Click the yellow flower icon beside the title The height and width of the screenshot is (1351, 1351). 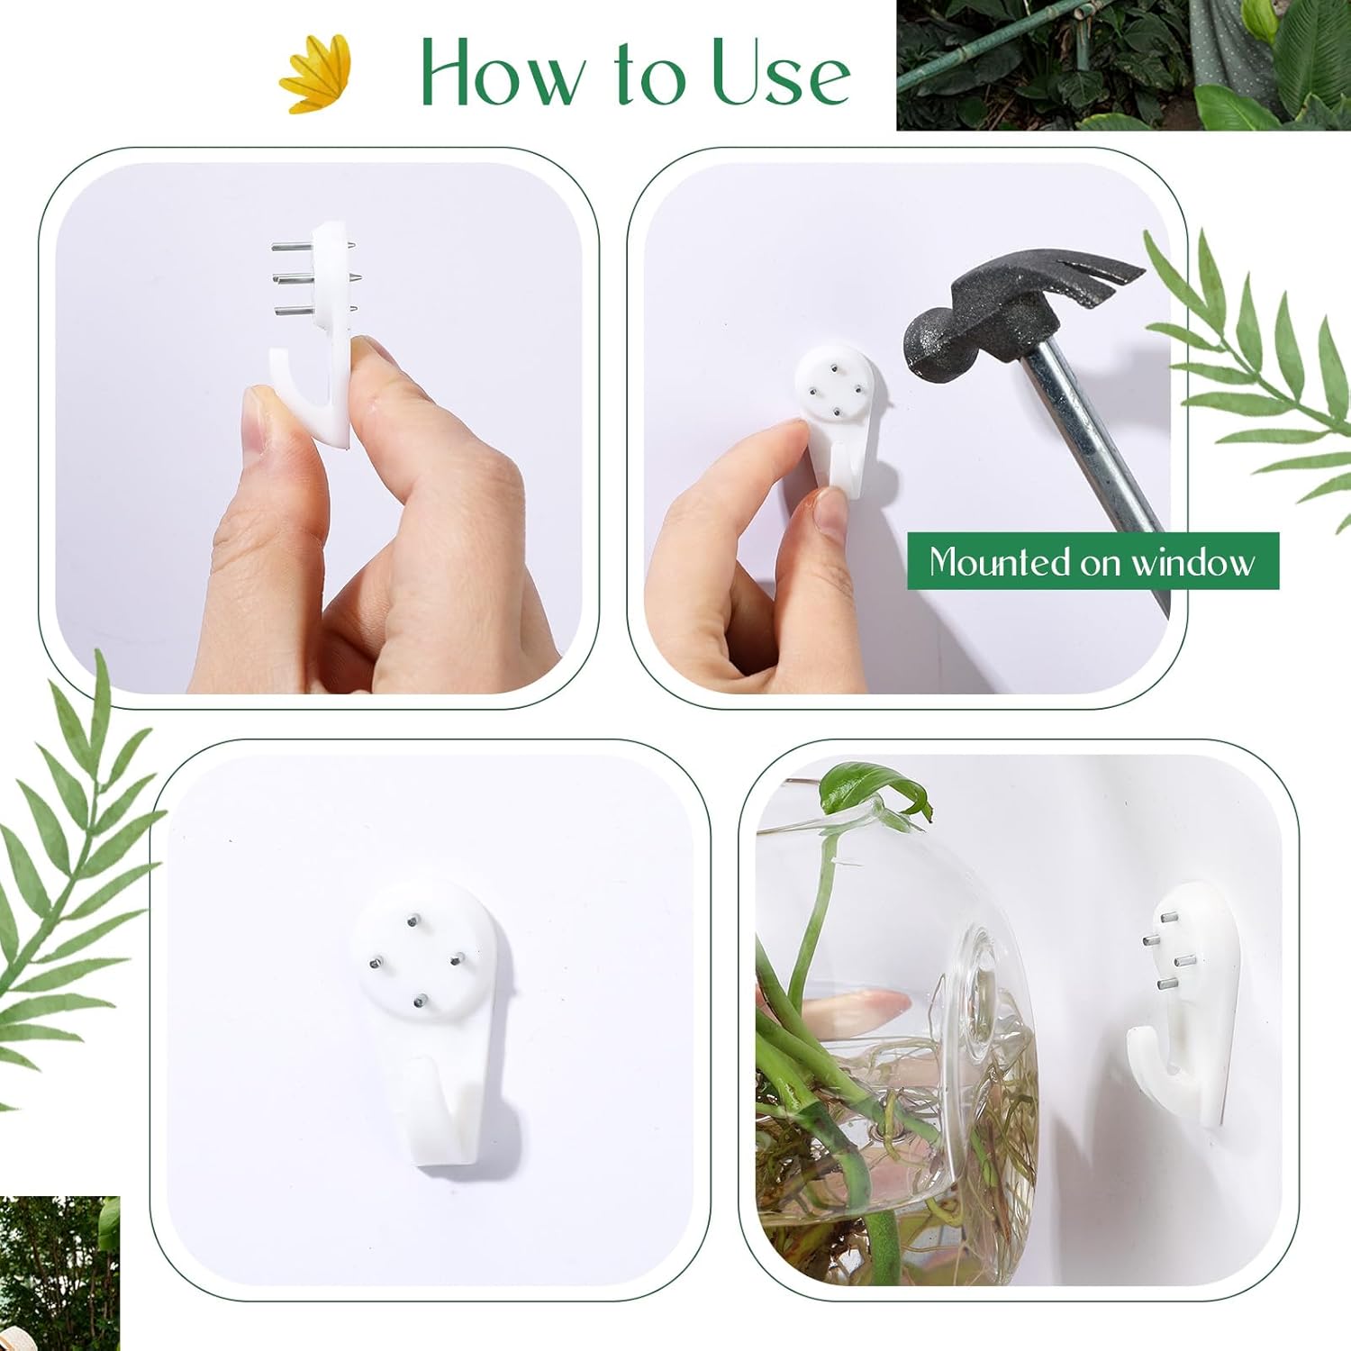click(x=315, y=74)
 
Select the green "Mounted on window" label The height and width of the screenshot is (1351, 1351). click(x=1092, y=561)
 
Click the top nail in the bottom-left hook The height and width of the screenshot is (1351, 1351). click(x=412, y=920)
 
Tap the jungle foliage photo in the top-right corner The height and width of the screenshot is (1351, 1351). click(x=1122, y=65)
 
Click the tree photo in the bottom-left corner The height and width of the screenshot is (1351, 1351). click(x=59, y=1272)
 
